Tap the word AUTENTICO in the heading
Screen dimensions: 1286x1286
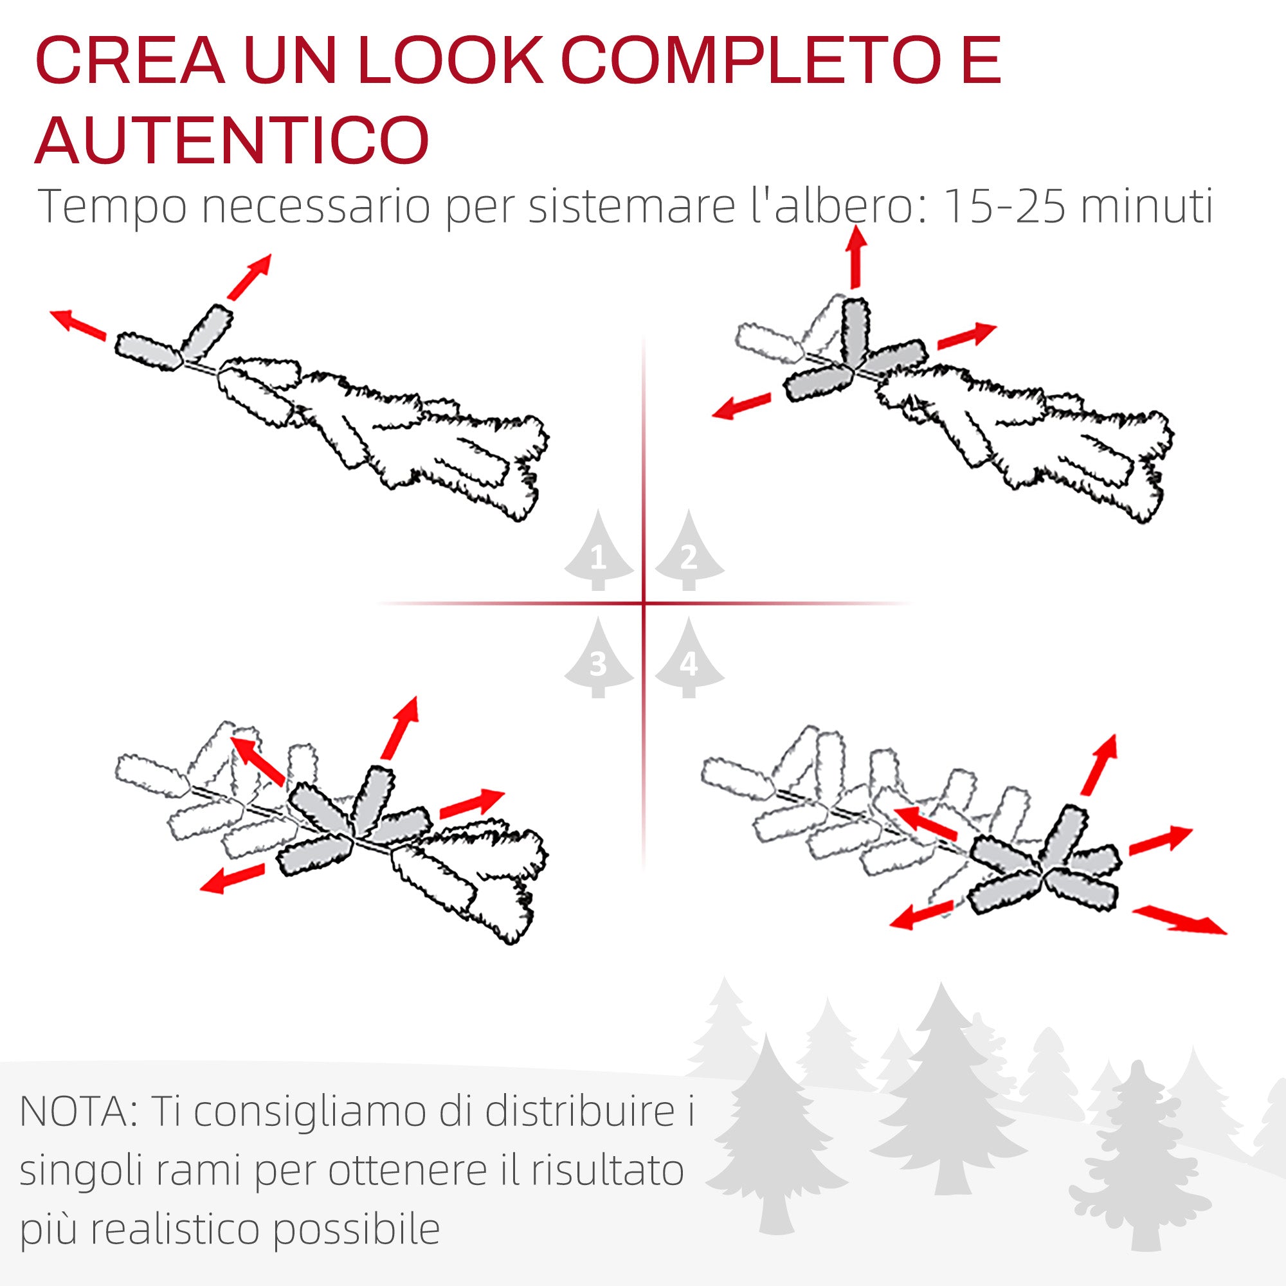point(231,140)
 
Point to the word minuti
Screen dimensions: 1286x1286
point(1147,206)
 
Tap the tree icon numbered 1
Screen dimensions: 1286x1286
point(599,550)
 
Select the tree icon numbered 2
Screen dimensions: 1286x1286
point(689,550)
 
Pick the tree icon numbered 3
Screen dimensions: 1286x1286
point(599,657)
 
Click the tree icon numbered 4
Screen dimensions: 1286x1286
point(689,657)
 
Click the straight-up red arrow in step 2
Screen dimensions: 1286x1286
point(856,257)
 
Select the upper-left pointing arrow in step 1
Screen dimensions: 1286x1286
point(78,325)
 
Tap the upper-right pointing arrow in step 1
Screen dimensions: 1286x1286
point(249,276)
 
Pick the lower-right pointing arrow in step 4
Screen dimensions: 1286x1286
point(1179,919)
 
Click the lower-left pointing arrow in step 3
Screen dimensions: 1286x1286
point(232,878)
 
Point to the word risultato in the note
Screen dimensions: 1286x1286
point(607,1170)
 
